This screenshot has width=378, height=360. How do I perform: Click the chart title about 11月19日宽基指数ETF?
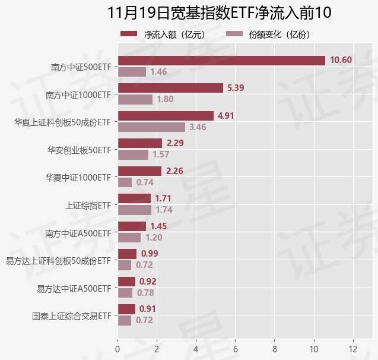pyautogui.click(x=220, y=13)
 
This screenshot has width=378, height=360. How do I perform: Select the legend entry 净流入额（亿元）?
pyautogui.click(x=163, y=34)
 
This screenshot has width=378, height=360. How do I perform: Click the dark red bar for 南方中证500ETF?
pyautogui.click(x=221, y=60)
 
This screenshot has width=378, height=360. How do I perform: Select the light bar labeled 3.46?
pyautogui.click(x=151, y=127)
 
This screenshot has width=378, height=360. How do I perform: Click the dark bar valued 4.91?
pyautogui.click(x=166, y=116)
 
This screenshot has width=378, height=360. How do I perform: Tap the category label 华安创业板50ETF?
pyautogui.click(x=79, y=149)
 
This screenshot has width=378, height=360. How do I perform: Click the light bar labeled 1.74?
pyautogui.click(x=135, y=210)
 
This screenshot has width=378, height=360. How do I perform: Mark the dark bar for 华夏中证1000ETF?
pyautogui.click(x=139, y=171)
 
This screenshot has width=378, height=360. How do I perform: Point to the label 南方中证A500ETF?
pyautogui.click(x=78, y=233)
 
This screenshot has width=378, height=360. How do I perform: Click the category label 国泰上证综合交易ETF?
pyautogui.click(x=72, y=315)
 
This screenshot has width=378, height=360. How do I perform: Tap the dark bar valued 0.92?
pyautogui.click(x=126, y=282)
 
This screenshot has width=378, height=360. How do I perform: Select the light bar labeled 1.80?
pyautogui.click(x=135, y=99)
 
